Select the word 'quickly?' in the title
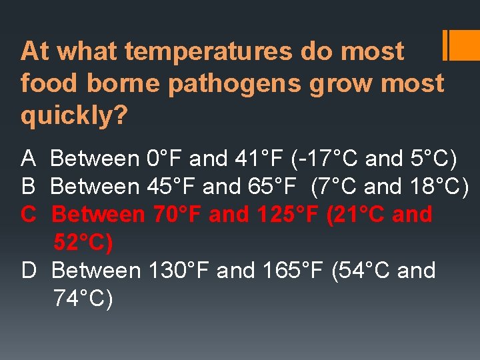(74, 115)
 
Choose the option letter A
(29, 159)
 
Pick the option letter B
(29, 187)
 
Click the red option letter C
(29, 215)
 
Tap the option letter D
(29, 271)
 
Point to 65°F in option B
(273, 187)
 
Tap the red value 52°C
(83, 243)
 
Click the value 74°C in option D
(83, 299)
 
